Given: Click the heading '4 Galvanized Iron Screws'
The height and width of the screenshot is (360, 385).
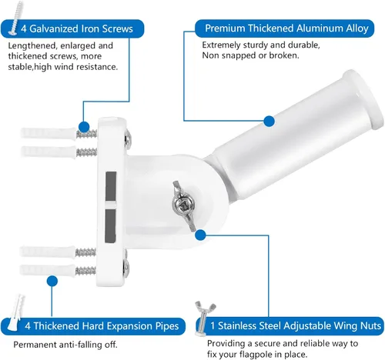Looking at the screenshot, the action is (x=77, y=28).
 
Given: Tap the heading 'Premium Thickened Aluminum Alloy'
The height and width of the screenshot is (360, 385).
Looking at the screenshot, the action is (x=286, y=28).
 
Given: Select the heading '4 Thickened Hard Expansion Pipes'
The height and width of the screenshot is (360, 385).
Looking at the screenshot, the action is (x=102, y=326).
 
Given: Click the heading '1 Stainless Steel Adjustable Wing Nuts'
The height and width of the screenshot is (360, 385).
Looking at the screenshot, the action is (x=296, y=325).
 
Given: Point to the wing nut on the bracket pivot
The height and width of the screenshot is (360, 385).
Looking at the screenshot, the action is (x=183, y=205).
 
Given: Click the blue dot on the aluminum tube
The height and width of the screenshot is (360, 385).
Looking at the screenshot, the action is (x=269, y=121).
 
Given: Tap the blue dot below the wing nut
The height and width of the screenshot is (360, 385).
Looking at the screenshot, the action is (x=200, y=235).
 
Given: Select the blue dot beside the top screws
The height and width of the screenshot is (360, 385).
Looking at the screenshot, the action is (x=84, y=127).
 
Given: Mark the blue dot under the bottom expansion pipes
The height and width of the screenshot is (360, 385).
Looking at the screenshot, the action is (x=52, y=282).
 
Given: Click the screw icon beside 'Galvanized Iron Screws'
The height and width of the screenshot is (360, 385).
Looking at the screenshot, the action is (x=15, y=18).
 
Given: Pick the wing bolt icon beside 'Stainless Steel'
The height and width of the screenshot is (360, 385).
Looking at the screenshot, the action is (x=204, y=318).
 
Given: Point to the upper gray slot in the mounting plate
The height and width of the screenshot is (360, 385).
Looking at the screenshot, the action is (x=111, y=186).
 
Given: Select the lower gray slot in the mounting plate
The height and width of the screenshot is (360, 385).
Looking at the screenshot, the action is (x=110, y=225).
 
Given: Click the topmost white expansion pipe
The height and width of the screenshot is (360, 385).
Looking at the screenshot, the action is (x=49, y=133).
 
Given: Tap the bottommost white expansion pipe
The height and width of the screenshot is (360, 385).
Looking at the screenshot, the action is (x=48, y=270).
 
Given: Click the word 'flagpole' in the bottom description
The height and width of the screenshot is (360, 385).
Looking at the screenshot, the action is (x=255, y=355).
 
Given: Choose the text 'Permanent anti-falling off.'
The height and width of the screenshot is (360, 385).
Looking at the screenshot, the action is (x=65, y=345).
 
